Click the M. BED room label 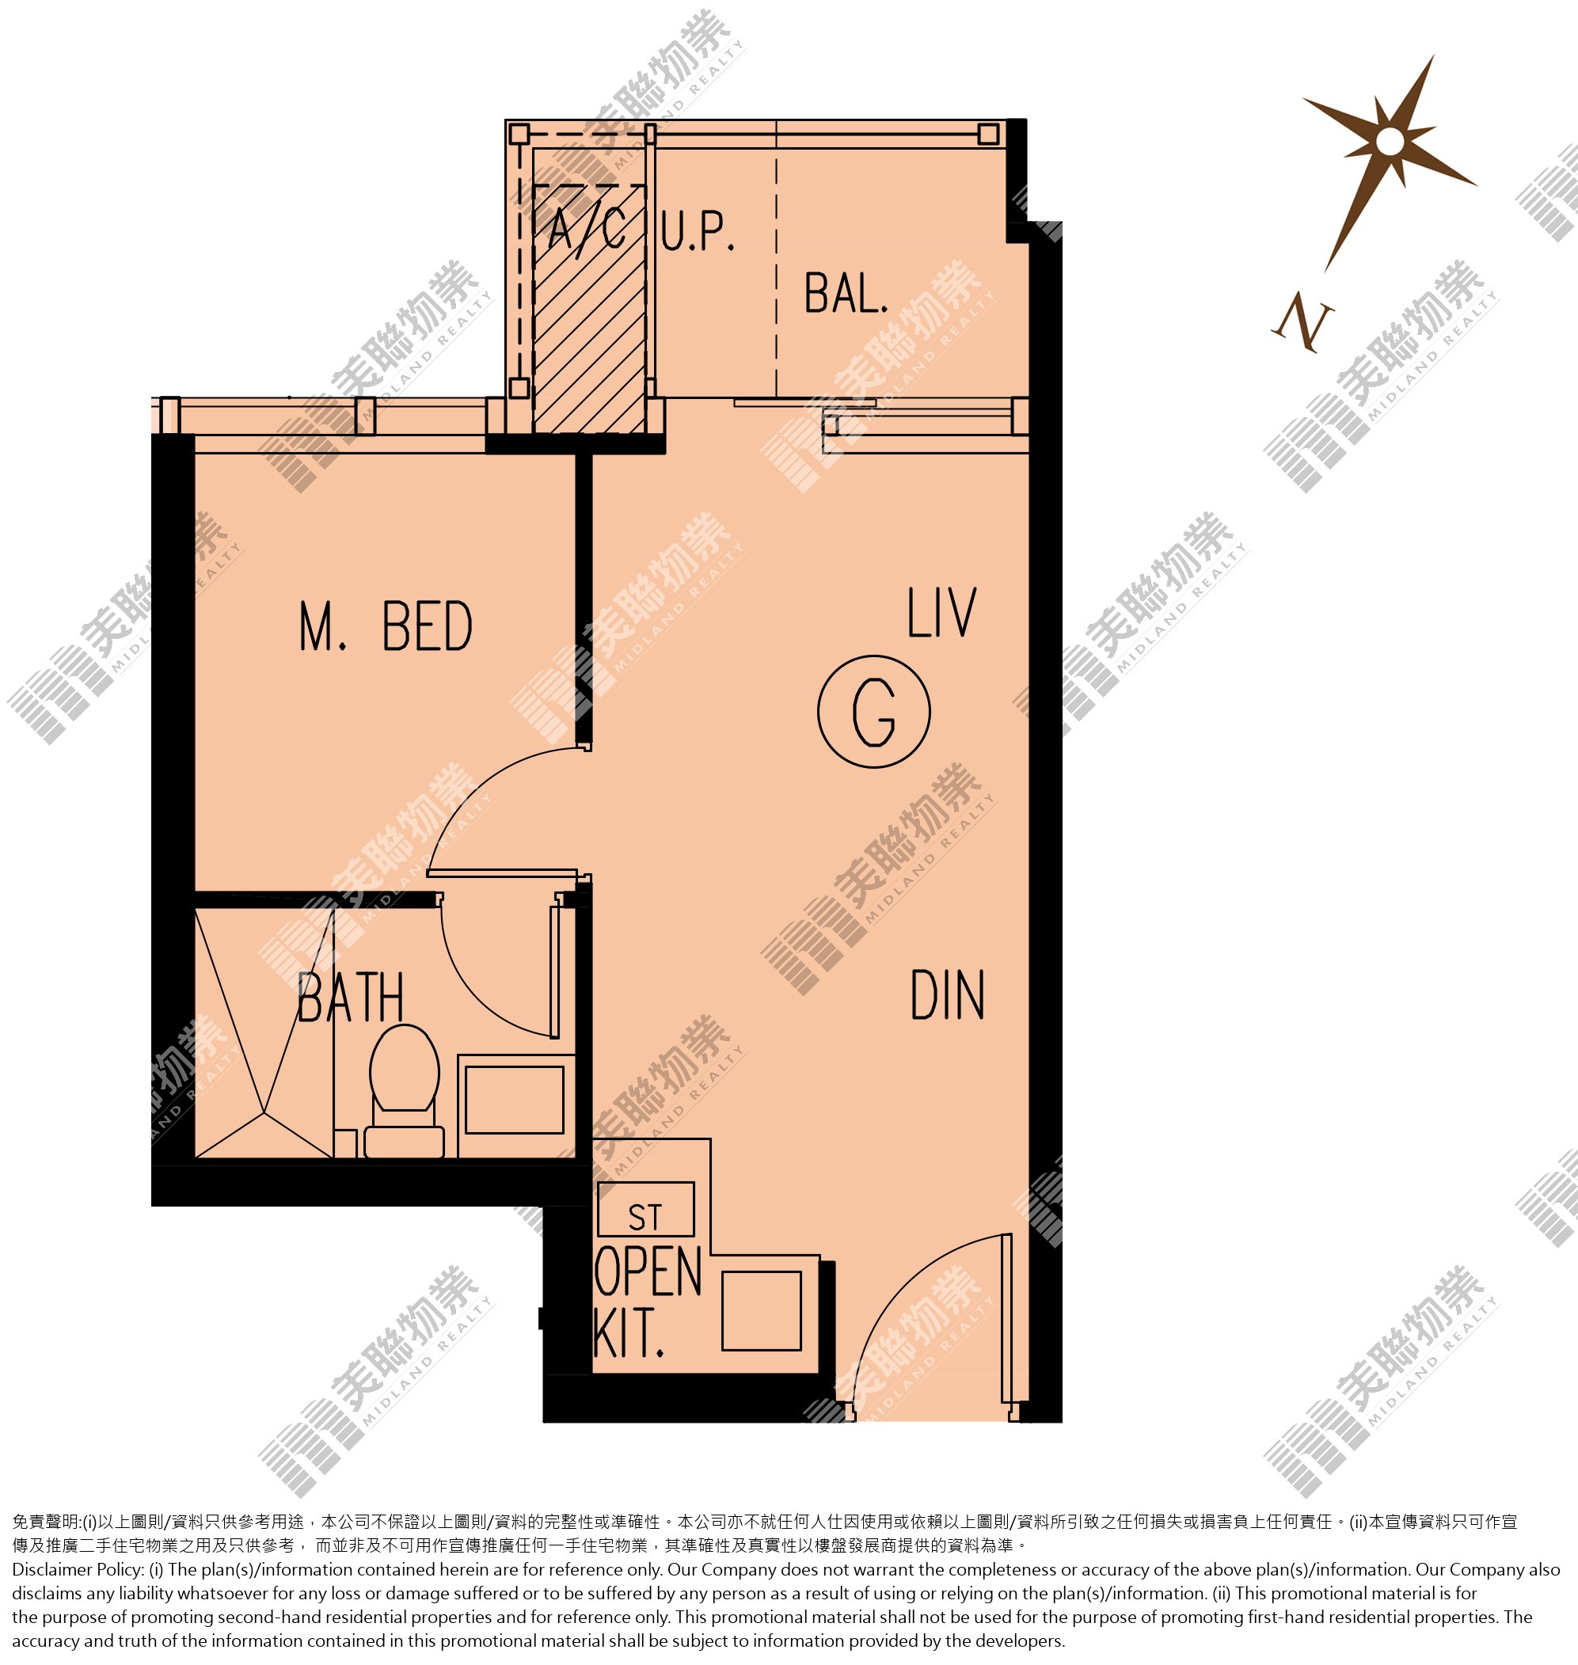[386, 626]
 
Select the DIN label [947, 996]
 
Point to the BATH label [351, 998]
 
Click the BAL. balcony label [846, 294]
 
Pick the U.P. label [698, 231]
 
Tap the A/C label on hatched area [587, 228]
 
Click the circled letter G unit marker [874, 712]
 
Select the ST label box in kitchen [645, 1210]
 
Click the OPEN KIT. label [648, 1302]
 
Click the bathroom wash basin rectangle [515, 1100]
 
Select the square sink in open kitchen [761, 1311]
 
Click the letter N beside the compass [1303, 321]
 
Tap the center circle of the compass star [1391, 141]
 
